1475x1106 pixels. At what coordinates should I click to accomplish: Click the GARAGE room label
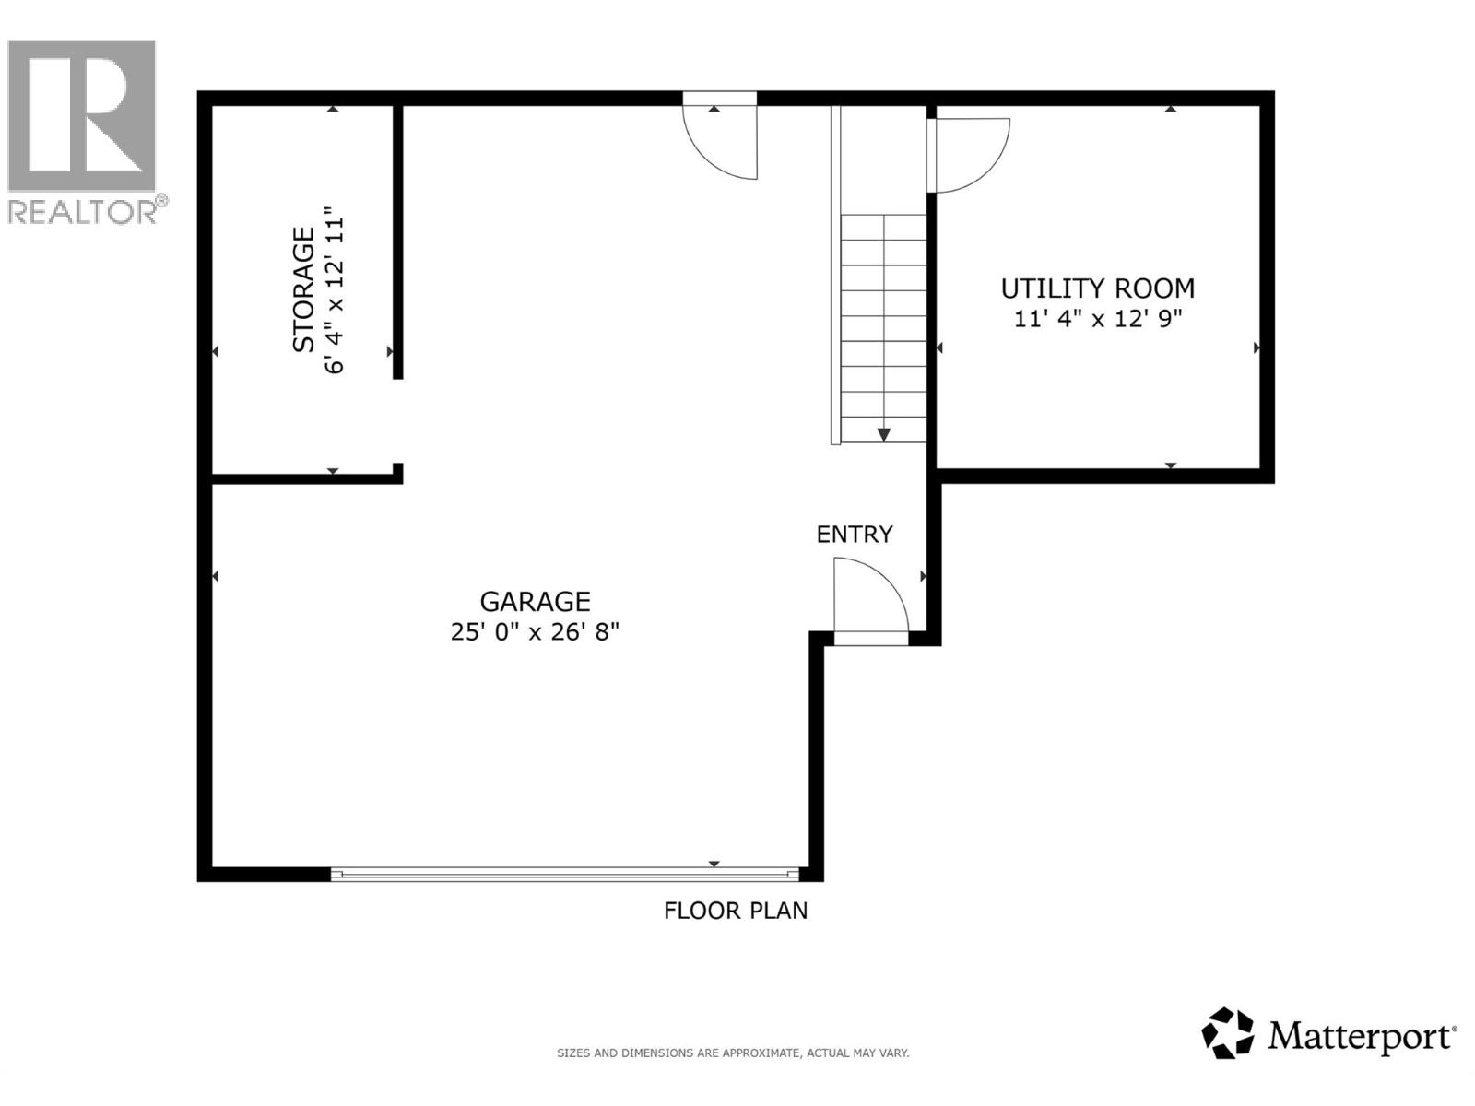click(x=535, y=602)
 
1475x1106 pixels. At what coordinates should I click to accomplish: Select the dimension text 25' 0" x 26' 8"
click(x=535, y=632)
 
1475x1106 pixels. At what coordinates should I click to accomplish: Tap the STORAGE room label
click(x=303, y=289)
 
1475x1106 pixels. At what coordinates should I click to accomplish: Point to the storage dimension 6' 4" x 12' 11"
click(x=334, y=295)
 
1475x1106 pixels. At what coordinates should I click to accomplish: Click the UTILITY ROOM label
click(x=1097, y=288)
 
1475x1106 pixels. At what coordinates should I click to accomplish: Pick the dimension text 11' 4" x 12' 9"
click(x=1097, y=319)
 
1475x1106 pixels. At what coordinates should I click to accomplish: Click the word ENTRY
click(x=855, y=535)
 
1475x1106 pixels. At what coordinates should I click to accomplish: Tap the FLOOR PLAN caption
click(x=736, y=911)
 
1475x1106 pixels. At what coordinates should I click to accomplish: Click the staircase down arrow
click(x=883, y=433)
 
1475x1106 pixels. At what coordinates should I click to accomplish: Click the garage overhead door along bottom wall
click(x=564, y=874)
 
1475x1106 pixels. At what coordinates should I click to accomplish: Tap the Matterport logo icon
click(x=1227, y=1033)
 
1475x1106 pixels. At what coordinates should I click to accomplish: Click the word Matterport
click(x=1361, y=1037)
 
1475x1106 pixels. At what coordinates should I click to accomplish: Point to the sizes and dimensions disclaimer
click(x=733, y=1053)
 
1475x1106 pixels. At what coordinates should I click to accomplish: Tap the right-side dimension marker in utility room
click(x=1257, y=348)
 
